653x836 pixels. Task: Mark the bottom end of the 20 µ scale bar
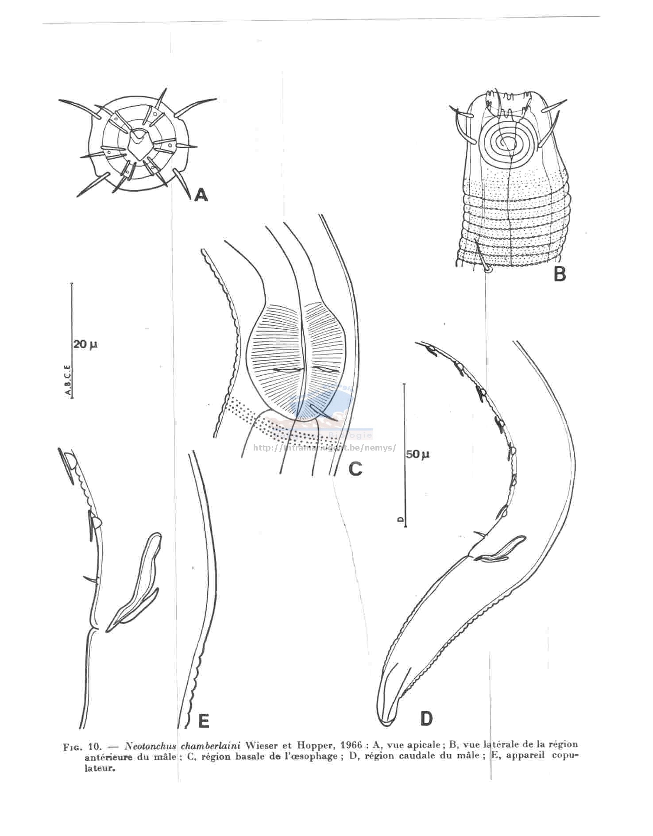72,397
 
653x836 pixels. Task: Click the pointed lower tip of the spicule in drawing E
108,626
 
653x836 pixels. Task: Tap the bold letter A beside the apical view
201,194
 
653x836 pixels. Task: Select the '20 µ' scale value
85,344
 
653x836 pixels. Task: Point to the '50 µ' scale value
417,455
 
